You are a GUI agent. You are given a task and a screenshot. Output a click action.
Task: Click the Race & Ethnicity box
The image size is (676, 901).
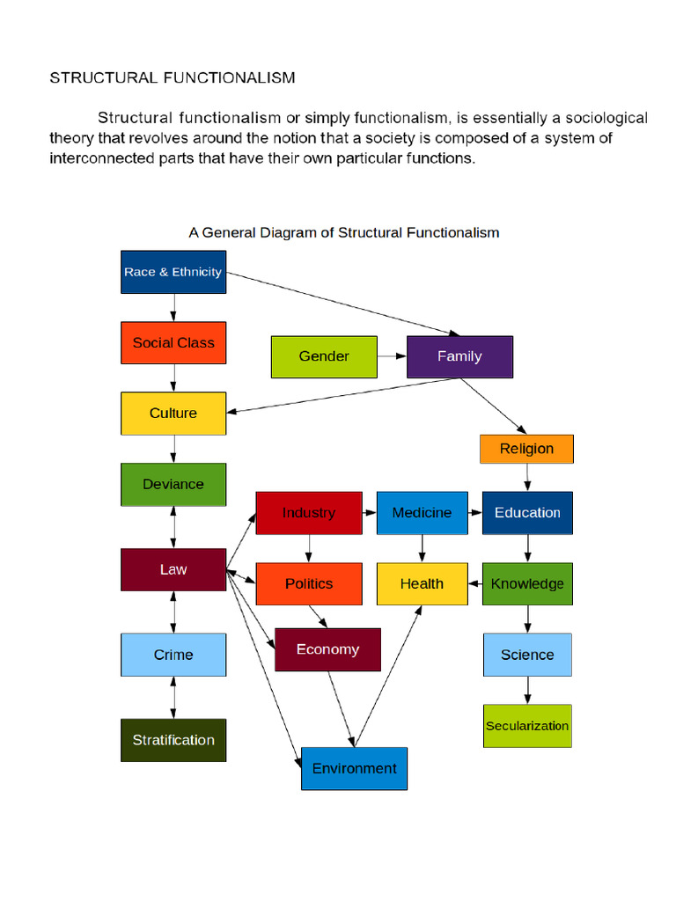coord(173,272)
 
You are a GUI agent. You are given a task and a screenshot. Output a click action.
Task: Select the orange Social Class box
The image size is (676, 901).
coord(173,342)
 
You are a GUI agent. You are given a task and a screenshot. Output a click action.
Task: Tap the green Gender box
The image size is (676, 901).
coord(324,356)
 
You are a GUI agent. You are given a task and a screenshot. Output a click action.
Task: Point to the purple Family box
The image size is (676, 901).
coord(459,356)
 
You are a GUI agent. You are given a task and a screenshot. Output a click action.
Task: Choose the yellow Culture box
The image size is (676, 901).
coord(173,414)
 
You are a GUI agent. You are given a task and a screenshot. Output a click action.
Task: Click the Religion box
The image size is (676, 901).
coord(526,449)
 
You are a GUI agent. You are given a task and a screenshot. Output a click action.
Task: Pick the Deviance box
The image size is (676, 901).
coord(173,484)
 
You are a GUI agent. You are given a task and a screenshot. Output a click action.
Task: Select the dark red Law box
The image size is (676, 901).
coord(173,569)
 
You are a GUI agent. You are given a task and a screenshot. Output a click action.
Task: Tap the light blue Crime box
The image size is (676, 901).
coord(173,655)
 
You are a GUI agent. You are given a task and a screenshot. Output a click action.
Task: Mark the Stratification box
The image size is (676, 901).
coord(173,740)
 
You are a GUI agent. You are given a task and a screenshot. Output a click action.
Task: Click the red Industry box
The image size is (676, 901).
coord(308,513)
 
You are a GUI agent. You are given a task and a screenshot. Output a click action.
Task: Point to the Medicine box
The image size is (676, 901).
coord(422,513)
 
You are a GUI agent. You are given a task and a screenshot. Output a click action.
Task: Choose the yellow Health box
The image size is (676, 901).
coord(422,584)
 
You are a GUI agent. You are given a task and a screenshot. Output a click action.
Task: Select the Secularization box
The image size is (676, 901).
coord(527,726)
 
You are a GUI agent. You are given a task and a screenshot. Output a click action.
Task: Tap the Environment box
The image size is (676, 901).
coord(354,768)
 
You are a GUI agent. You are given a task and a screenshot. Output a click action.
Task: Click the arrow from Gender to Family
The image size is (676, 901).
coord(392,356)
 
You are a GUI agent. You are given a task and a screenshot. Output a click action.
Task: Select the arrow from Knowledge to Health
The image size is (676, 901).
coord(474,584)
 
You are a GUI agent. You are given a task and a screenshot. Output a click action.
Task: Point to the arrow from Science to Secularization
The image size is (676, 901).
coord(527,690)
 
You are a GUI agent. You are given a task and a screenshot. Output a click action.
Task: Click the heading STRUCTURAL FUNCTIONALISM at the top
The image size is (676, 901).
coord(173,77)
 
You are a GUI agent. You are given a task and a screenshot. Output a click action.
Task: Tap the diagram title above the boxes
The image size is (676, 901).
coord(344,233)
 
